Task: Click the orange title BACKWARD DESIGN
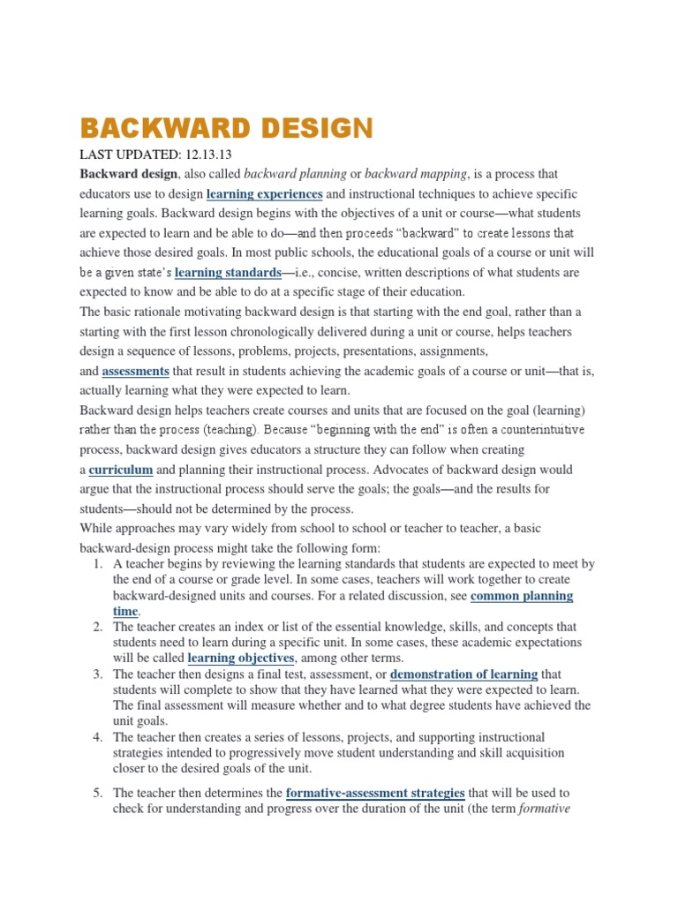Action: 227,129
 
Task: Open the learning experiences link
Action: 264,194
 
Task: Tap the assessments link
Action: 135,371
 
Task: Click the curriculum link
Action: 121,470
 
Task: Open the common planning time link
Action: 521,596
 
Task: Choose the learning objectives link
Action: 241,658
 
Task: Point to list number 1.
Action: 98,564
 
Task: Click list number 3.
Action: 98,674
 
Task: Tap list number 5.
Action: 98,793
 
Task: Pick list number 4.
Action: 98,736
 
